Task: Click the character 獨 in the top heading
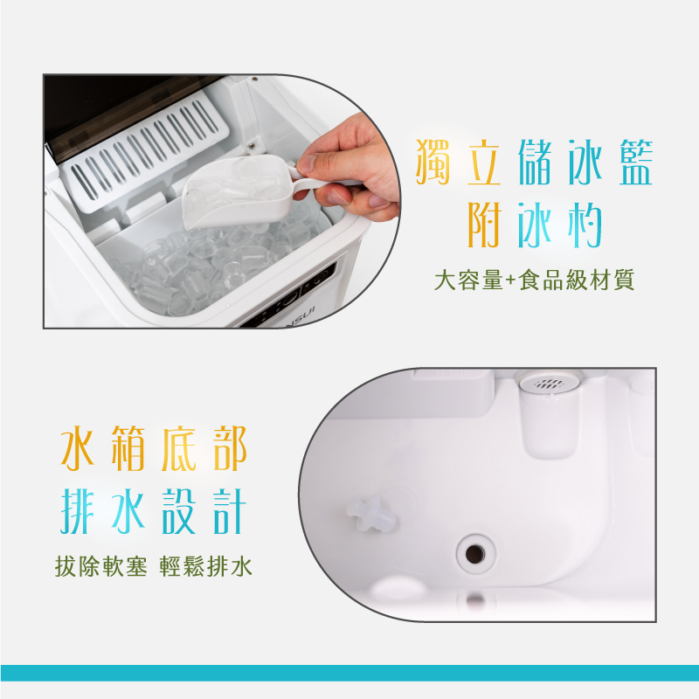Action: [x=435, y=162]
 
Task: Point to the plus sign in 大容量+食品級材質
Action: [x=510, y=280]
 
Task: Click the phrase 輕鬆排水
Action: [x=206, y=567]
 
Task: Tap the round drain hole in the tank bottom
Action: [x=474, y=551]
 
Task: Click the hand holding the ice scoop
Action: [x=354, y=166]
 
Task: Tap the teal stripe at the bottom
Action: [x=349, y=672]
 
